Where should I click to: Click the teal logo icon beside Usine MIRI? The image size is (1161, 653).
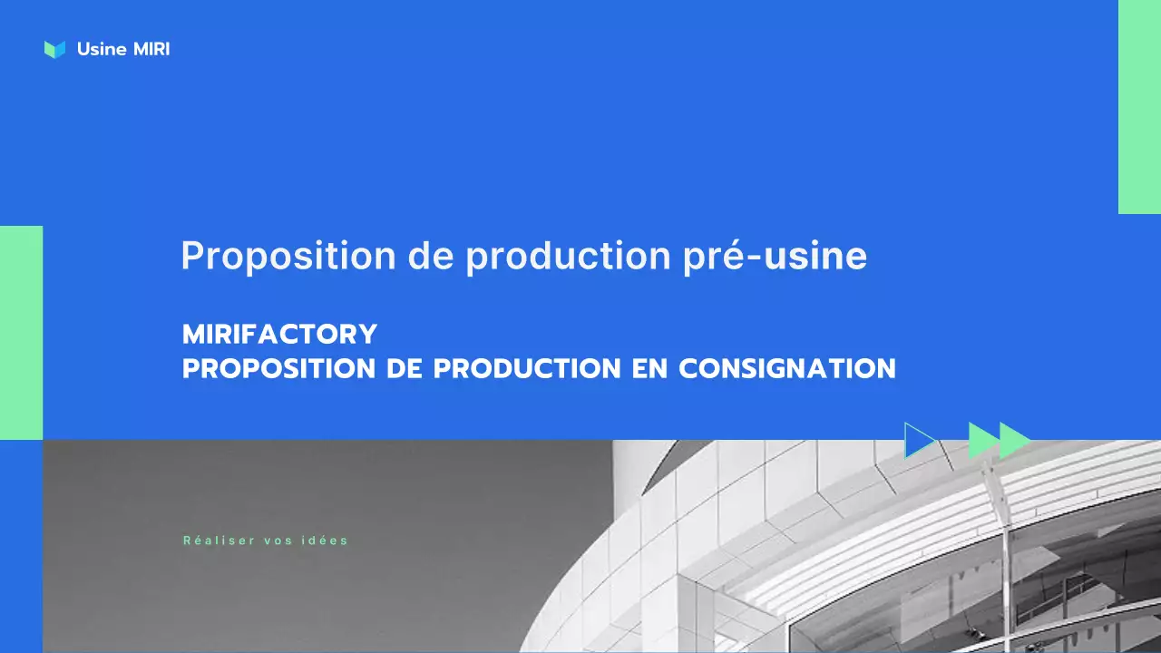coord(54,49)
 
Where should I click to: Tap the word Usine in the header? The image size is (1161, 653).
coord(101,49)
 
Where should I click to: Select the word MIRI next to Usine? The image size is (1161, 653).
coord(151,49)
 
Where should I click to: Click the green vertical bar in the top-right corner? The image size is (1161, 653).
coord(1139,106)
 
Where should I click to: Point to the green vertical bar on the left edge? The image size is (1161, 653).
coord(21,332)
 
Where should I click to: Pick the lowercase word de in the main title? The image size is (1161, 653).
coord(430,257)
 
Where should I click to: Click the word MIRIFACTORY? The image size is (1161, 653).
coord(279,335)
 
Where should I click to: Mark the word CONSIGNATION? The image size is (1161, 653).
coord(787,369)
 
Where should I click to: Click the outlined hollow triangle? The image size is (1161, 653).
coord(918,440)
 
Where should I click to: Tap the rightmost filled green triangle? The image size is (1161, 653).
coord(1013,440)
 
